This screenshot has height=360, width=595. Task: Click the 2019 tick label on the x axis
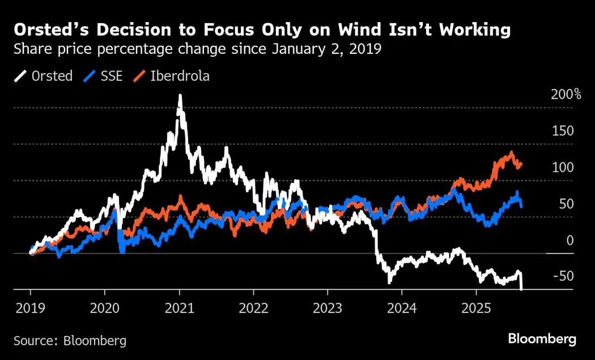[x=30, y=310]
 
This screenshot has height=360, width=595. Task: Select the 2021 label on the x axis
[x=179, y=310]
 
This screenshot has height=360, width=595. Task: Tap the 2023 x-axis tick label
[x=328, y=310]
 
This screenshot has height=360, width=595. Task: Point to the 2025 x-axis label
[x=476, y=310]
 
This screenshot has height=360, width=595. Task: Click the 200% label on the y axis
[x=566, y=95]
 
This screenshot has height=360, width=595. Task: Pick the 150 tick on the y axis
[x=563, y=131]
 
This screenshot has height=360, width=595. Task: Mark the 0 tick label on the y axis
[x=570, y=240]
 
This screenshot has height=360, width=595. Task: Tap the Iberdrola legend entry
[x=179, y=76]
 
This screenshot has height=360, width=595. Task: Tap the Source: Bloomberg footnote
[x=70, y=341]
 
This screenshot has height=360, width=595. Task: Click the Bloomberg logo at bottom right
[x=542, y=340]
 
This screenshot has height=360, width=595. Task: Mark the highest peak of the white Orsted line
[x=180, y=96]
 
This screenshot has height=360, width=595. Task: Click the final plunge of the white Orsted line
[x=521, y=283]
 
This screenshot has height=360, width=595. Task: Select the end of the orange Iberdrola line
[x=521, y=164]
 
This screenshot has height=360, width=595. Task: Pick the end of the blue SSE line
[x=521, y=205]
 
